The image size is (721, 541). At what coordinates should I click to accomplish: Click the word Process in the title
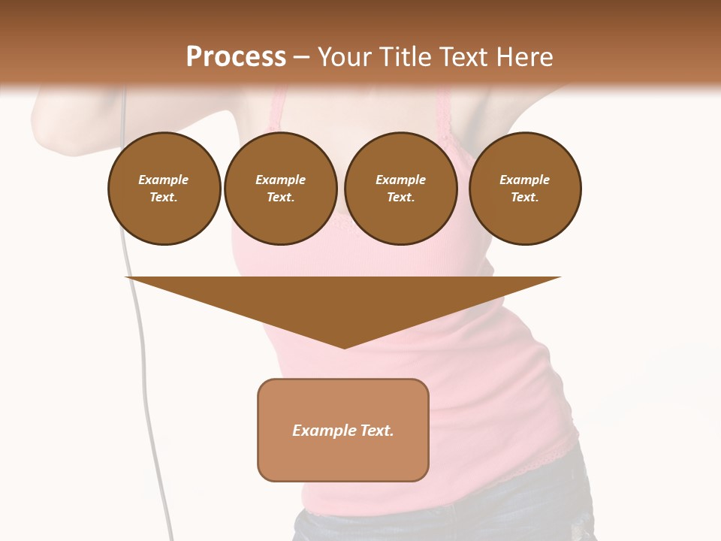[x=236, y=57]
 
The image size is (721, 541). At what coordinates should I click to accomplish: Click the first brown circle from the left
[x=164, y=189]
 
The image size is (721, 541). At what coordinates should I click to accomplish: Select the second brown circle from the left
[x=280, y=189]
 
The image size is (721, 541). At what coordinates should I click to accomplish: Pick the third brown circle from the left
[x=400, y=189]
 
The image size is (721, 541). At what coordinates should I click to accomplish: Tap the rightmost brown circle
[x=525, y=189]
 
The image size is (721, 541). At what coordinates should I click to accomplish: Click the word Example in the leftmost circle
[x=164, y=180]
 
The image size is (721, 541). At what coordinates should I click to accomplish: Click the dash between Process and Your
[x=302, y=57]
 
